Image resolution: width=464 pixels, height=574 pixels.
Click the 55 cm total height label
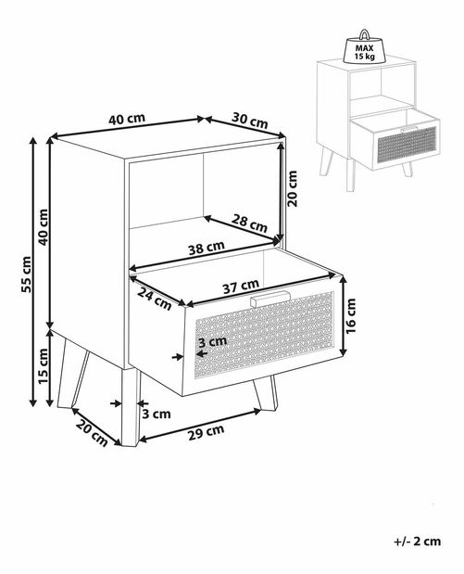coord(26,274)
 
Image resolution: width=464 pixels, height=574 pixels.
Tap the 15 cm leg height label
coord(43,366)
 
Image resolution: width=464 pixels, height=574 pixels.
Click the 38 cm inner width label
coord(207,248)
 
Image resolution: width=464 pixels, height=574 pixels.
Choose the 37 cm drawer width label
coord(241,286)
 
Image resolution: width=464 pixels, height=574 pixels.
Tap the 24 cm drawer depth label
coord(155,298)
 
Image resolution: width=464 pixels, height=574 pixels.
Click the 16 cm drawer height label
coord(350,316)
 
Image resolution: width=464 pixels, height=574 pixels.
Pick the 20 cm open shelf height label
coord(293,188)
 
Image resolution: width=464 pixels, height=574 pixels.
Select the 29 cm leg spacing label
coord(207,433)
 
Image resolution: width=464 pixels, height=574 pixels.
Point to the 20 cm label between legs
coord(92,433)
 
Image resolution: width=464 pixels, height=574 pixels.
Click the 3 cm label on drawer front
coord(212,341)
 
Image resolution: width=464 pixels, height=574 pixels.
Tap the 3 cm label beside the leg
coord(157,414)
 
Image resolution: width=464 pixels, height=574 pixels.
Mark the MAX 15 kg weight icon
coord(364,47)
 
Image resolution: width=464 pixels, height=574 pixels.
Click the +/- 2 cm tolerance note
coord(418,542)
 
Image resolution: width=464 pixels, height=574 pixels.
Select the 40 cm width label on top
coord(127,119)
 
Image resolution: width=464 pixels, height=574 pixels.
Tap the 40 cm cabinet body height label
coord(43,227)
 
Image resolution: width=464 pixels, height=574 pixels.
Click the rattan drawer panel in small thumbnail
coord(407,145)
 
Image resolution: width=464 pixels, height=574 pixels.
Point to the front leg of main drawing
coord(131,407)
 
